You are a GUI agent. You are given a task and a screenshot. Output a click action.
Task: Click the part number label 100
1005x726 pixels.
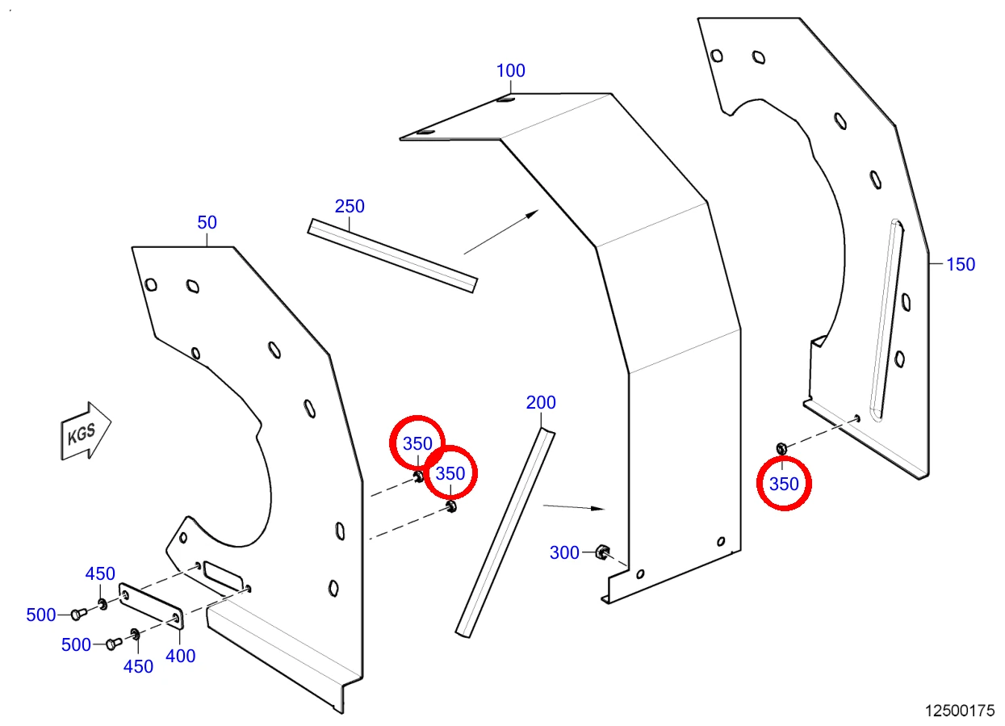tap(511, 70)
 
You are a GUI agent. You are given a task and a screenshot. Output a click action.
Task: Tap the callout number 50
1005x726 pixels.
tap(207, 222)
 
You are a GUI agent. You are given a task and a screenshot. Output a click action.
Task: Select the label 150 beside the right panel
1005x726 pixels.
tap(961, 264)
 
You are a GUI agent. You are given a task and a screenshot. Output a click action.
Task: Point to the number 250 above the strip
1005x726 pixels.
tap(350, 206)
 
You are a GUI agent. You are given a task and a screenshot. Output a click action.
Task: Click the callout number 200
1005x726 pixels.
tap(541, 402)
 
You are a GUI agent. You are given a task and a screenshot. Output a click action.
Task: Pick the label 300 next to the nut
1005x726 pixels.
tap(564, 552)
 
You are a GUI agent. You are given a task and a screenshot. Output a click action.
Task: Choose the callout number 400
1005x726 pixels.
tap(180, 656)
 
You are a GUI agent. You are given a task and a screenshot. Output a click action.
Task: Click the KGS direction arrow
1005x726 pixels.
tap(86, 431)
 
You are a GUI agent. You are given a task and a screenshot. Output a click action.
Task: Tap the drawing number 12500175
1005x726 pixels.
tap(960, 711)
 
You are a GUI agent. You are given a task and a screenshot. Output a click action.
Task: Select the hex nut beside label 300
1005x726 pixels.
tap(601, 552)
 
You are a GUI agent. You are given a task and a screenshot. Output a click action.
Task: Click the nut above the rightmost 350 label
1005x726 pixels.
tap(781, 448)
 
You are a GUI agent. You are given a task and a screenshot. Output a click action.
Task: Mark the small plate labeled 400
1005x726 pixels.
tap(151, 606)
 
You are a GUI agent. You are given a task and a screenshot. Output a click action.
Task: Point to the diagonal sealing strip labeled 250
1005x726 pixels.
tap(392, 255)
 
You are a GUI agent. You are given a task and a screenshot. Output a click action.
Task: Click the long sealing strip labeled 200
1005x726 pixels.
tap(505, 532)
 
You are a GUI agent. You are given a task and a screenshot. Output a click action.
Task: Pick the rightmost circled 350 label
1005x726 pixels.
tap(784, 484)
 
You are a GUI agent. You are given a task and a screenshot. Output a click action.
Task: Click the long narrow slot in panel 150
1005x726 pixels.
tap(886, 320)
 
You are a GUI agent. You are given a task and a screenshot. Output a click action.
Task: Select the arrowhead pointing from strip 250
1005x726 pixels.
tap(533, 213)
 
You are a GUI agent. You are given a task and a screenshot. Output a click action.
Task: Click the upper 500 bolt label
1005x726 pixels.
tap(41, 615)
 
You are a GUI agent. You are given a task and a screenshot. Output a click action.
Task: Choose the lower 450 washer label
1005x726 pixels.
tap(138, 666)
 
